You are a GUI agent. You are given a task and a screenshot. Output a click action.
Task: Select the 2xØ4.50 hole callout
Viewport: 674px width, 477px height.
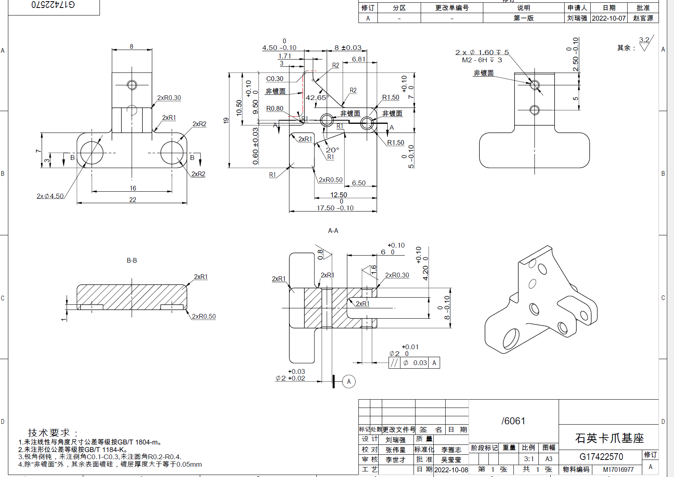point(50,196)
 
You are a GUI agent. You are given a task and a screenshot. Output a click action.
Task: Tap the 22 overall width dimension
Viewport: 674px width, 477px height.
point(132,200)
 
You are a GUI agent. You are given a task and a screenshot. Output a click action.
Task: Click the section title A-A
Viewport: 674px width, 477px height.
point(333,231)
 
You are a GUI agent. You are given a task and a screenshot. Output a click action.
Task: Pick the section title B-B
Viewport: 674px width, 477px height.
point(132,260)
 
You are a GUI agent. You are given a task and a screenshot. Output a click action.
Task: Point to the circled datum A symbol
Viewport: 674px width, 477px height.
point(349,381)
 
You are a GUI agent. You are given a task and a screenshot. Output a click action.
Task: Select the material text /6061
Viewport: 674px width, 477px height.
point(513,421)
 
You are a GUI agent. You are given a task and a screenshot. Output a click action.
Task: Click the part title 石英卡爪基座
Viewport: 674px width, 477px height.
point(609,438)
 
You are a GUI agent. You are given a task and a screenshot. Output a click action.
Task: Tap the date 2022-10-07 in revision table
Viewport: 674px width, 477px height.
point(609,18)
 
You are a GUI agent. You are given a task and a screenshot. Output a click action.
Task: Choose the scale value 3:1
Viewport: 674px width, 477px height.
point(528,459)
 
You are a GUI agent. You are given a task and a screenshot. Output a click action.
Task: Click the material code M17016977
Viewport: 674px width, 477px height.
point(618,469)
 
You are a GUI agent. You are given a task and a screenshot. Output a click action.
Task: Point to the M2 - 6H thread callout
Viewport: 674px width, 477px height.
point(482,60)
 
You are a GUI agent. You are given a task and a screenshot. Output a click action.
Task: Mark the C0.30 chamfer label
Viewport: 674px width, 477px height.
point(275,79)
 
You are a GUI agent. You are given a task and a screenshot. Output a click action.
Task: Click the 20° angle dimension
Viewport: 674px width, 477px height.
point(332,150)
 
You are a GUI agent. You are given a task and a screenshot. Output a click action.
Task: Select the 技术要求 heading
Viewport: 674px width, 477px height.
point(52,433)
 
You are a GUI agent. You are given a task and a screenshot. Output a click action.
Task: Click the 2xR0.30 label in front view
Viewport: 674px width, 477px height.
point(169,98)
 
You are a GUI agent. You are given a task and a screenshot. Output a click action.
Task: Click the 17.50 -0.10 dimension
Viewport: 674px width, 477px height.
point(335,208)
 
